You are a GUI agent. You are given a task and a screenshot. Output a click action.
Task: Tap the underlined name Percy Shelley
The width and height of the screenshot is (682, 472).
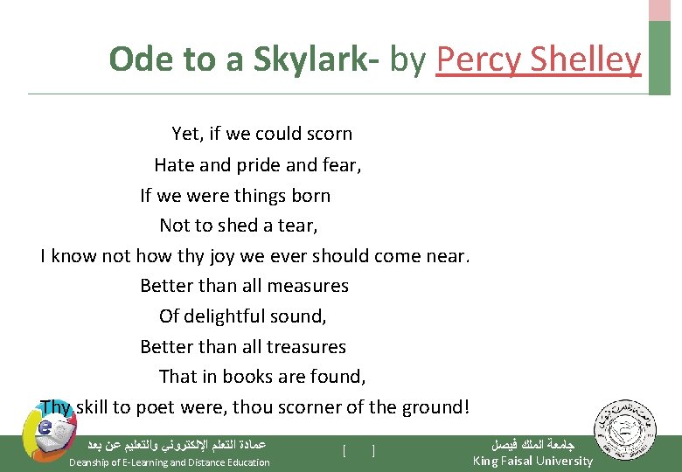(538, 59)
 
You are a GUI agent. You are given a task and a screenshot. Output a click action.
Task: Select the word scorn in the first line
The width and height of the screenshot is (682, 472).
(329, 134)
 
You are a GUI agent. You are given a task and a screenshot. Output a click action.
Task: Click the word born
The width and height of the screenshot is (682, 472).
(311, 195)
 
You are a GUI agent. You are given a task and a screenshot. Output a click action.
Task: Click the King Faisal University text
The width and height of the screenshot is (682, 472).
(532, 461)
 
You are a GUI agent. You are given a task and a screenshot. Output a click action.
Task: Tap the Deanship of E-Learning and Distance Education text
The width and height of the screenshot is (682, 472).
(170, 462)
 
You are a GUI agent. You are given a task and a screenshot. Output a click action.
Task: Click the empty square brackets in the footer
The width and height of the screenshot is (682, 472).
(359, 451)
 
